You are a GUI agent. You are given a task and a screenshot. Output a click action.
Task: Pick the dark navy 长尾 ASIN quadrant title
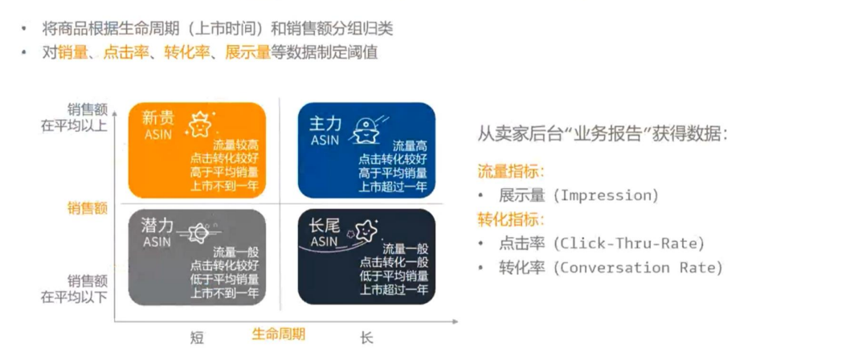coord(326,232)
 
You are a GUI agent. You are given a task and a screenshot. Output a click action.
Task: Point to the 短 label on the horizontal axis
coord(197,337)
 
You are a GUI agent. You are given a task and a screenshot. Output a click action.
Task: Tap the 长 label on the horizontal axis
coord(366,337)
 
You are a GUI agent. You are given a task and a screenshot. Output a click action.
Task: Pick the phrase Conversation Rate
coord(637,268)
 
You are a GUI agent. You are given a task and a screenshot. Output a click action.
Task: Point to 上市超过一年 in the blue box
coord(393,186)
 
